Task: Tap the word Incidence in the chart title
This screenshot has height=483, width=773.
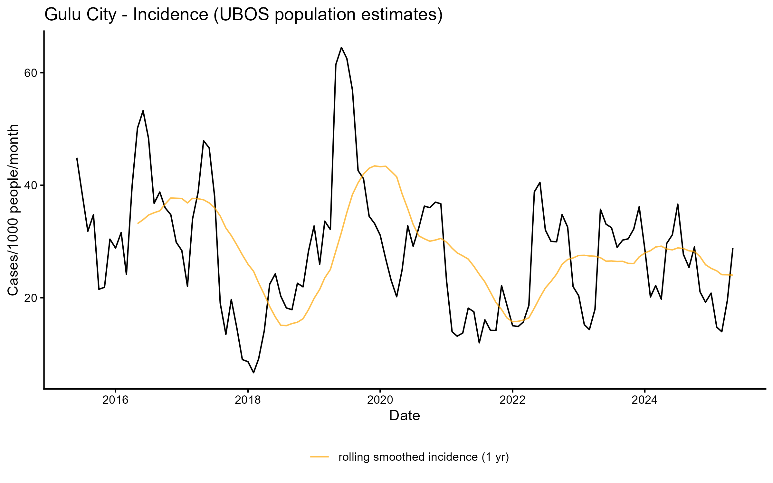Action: tap(171, 15)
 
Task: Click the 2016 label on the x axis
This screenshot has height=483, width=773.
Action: tap(115, 400)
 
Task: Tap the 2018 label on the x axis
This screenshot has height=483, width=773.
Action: tap(248, 400)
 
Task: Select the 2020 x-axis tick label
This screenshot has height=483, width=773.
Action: tap(380, 400)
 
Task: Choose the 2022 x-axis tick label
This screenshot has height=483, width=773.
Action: tap(512, 400)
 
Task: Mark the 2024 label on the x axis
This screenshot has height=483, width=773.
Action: tap(644, 400)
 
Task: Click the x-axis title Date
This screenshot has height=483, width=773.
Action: tap(405, 416)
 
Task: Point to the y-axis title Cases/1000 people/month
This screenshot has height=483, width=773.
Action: tap(14, 210)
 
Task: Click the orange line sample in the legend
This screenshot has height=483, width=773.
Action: tap(320, 457)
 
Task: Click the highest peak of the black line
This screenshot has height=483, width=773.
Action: tap(341, 47)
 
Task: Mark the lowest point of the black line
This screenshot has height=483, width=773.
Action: tap(254, 373)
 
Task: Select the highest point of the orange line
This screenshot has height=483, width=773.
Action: tap(375, 166)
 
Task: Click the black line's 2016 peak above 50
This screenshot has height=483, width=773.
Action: tap(143, 111)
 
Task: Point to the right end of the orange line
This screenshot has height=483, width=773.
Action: tap(732, 275)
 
